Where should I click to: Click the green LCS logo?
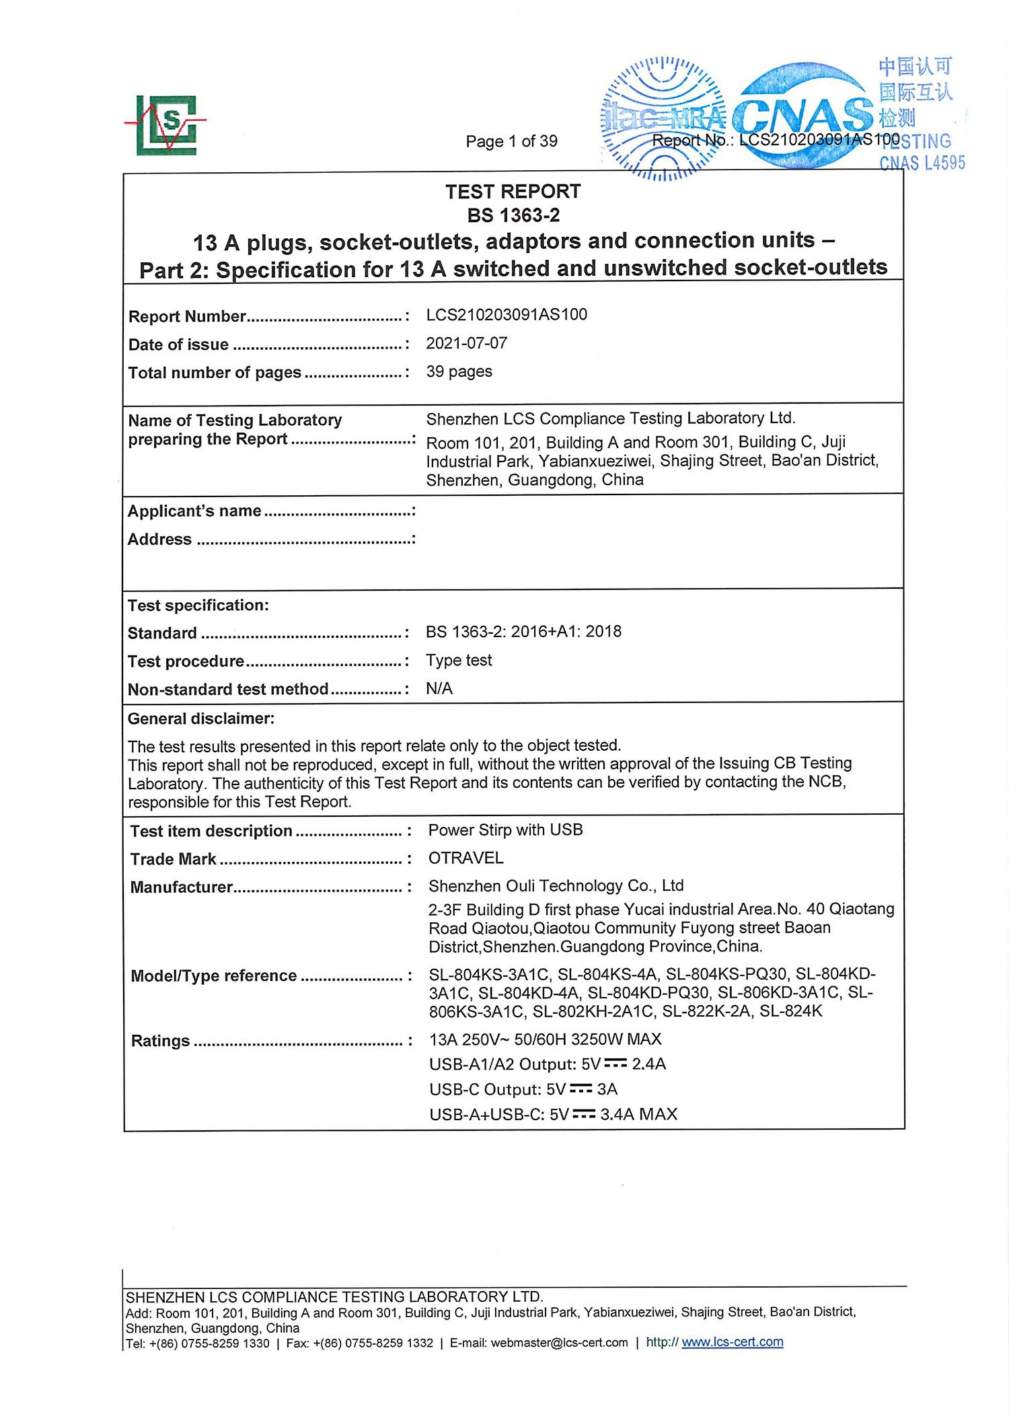(166, 124)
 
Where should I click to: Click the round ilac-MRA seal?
(663, 118)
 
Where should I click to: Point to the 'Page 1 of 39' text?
(511, 141)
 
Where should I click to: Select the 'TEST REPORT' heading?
(513, 192)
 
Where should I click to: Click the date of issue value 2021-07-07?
(466, 343)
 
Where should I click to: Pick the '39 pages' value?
(459, 371)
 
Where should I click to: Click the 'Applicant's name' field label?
(194, 511)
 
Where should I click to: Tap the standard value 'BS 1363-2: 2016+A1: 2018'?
(523, 632)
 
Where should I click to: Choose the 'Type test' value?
(459, 660)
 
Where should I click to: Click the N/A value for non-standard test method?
(439, 688)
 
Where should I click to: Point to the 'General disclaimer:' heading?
(201, 719)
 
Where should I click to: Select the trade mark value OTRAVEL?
(465, 858)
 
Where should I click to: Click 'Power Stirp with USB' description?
(505, 830)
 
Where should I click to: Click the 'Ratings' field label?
(160, 1041)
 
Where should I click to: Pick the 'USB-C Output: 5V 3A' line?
(523, 1089)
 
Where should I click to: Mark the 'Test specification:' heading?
(198, 606)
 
